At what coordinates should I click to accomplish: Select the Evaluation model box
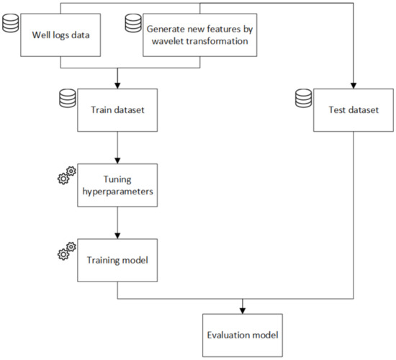point(243,335)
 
